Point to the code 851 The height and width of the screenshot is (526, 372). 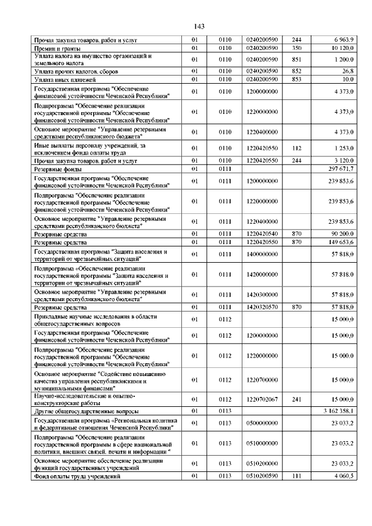coord(296,59)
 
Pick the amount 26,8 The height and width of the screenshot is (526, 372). coord(347,70)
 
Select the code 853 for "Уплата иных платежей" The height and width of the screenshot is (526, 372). coord(296,78)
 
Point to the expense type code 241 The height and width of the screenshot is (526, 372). coord(296,399)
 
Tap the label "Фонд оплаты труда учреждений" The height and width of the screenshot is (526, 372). coord(77,477)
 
